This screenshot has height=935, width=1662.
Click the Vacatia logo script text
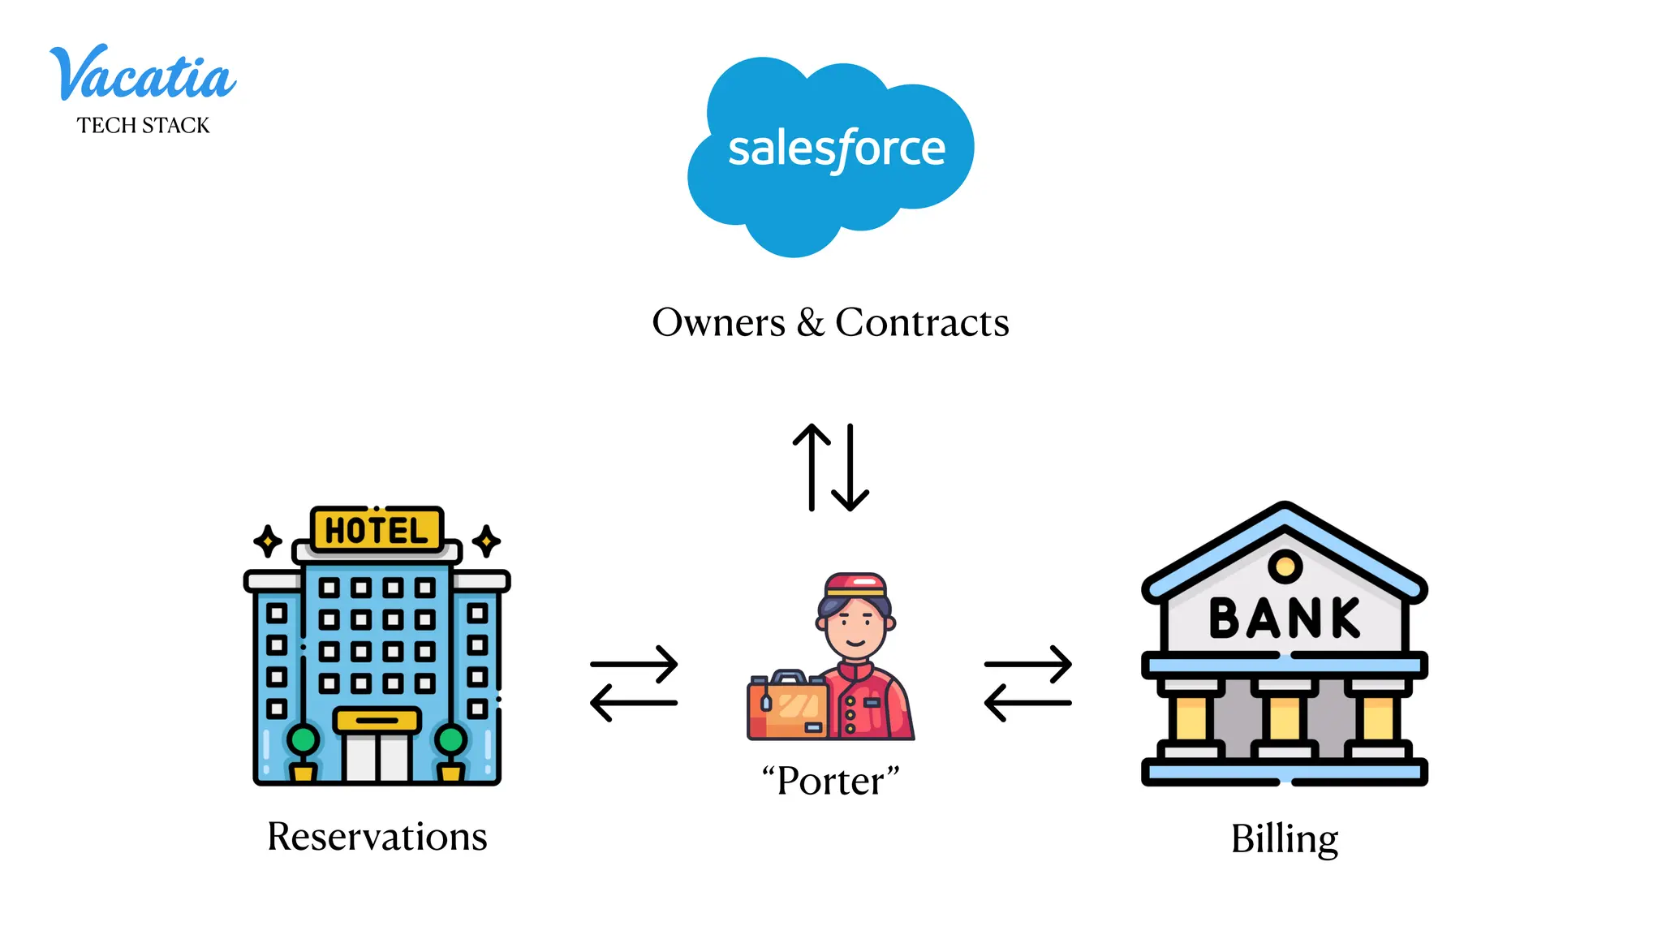coord(143,75)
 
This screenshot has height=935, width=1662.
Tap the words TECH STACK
coord(144,126)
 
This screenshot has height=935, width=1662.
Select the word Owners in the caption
coord(718,323)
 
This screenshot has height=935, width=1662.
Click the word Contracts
coord(922,323)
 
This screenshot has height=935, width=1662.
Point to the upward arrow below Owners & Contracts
coord(812,467)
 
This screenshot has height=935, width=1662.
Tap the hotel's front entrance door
coord(377,755)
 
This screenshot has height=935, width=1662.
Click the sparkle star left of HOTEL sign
coord(268,541)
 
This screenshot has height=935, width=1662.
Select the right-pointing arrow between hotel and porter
coord(635,664)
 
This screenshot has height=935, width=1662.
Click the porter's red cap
coord(855,584)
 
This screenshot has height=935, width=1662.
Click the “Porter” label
coord(830,781)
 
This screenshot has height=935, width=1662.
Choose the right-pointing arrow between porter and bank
coord(1028,664)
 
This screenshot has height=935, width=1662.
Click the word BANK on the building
coord(1284,618)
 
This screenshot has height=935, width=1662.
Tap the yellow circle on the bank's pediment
coord(1285,565)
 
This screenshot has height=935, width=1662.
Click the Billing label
coord(1284,839)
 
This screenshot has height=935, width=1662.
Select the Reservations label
coord(377,837)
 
